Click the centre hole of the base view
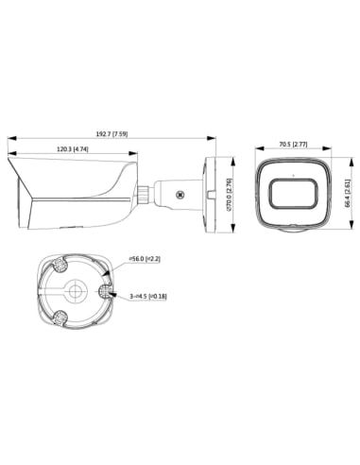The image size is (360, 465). [75, 288]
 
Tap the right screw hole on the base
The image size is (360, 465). [107, 281]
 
